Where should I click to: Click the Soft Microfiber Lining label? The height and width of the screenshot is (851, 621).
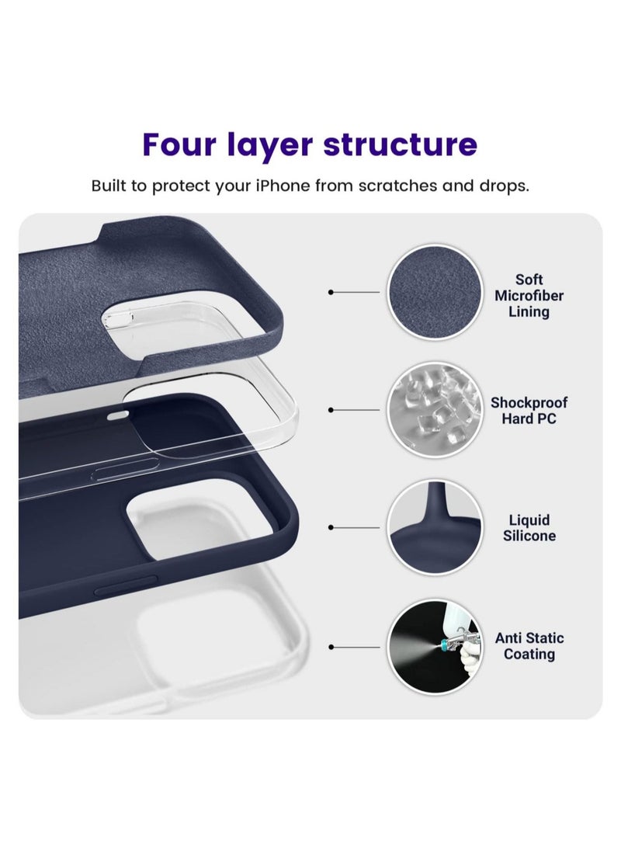[529, 296]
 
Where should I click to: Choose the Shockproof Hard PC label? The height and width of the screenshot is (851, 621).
[529, 411]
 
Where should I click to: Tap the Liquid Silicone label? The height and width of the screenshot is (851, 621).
[529, 528]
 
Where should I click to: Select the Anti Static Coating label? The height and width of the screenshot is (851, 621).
[529, 646]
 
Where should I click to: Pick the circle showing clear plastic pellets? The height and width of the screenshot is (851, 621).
[432, 410]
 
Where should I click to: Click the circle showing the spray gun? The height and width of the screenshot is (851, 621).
[432, 646]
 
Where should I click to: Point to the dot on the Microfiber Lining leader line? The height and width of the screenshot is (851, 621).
[331, 292]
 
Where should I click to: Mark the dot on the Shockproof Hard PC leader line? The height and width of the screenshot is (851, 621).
[331, 409]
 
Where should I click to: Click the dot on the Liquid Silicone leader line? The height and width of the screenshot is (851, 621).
[331, 527]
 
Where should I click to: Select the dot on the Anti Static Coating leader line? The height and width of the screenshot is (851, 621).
[331, 646]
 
